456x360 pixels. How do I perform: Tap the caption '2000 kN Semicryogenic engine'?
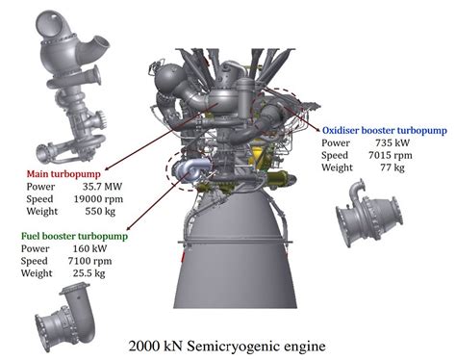[228, 344]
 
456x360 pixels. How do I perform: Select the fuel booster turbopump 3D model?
[67, 312]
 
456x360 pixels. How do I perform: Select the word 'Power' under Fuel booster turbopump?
[38, 248]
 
